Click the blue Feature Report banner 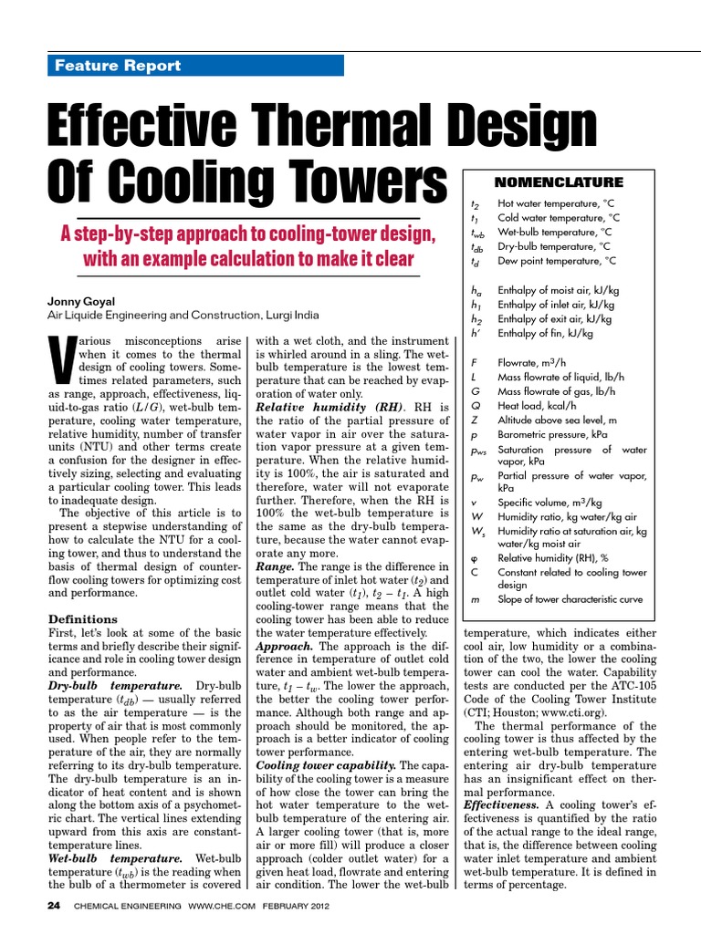(194, 66)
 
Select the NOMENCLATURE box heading (558, 182)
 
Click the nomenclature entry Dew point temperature (556, 260)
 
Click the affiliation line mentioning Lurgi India (183, 315)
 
